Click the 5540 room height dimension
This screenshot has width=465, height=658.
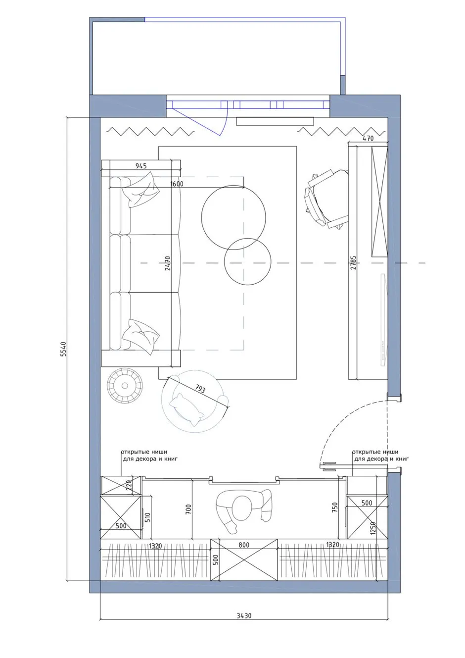coord(64,349)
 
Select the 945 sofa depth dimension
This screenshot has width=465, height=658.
coord(141,166)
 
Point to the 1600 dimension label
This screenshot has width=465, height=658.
coord(177,184)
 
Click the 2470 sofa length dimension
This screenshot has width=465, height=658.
coord(167,263)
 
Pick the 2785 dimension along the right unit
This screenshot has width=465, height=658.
coord(353,262)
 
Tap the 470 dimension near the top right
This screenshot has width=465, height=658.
coord(368,138)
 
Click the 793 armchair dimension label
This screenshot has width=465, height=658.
coord(200,389)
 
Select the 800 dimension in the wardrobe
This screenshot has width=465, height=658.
coord(244,545)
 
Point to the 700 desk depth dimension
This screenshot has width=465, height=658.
coord(189,509)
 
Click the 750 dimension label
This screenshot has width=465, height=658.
coord(335,507)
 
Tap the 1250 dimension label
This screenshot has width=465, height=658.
coord(373,528)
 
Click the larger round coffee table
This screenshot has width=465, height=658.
coord(233,217)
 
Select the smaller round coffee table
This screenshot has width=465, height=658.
coord(247,261)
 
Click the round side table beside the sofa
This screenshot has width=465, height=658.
coord(125,385)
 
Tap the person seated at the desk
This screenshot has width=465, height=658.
coord(244,510)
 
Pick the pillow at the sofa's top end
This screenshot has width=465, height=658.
coord(141,190)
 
